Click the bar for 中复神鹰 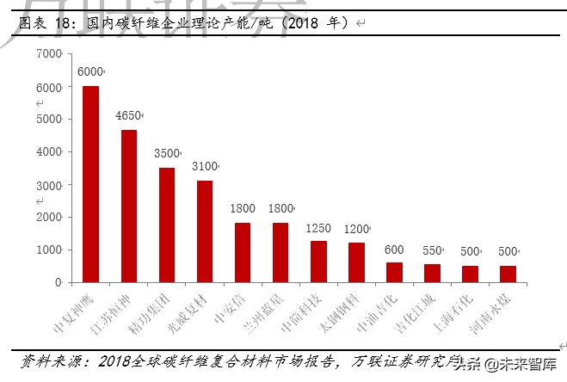point(90,184)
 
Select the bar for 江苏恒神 point(128,206)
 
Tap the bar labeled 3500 point(167,225)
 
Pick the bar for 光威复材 point(205,231)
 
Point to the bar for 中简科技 point(318,262)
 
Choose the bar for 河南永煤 point(508,274)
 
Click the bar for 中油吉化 point(394,272)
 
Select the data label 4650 point(127,115)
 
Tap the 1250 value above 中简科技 point(318,228)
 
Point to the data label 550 point(432,250)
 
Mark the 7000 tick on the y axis point(50,54)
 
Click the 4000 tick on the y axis point(50,152)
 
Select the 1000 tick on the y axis point(50,250)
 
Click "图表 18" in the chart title point(44,23)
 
